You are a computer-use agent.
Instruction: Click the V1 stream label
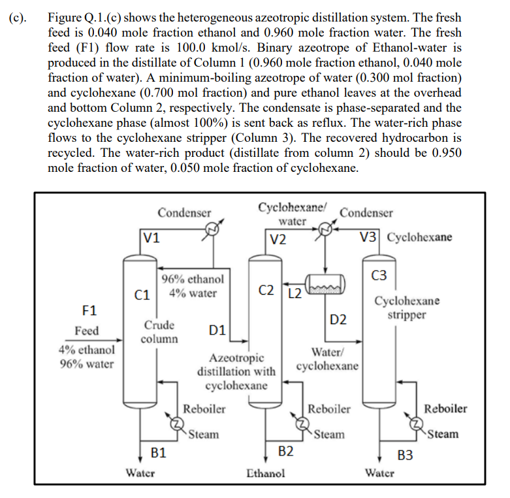[151, 239]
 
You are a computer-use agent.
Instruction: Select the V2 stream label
[279, 239]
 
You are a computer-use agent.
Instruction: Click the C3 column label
[379, 275]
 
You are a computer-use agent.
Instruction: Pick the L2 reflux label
[295, 292]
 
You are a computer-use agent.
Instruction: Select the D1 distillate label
[217, 331]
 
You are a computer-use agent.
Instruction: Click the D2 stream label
[338, 320]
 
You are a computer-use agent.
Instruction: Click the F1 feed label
[88, 308]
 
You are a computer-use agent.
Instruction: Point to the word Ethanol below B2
[265, 473]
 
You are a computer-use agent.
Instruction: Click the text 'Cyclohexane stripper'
[406, 308]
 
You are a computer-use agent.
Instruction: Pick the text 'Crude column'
[159, 332]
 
